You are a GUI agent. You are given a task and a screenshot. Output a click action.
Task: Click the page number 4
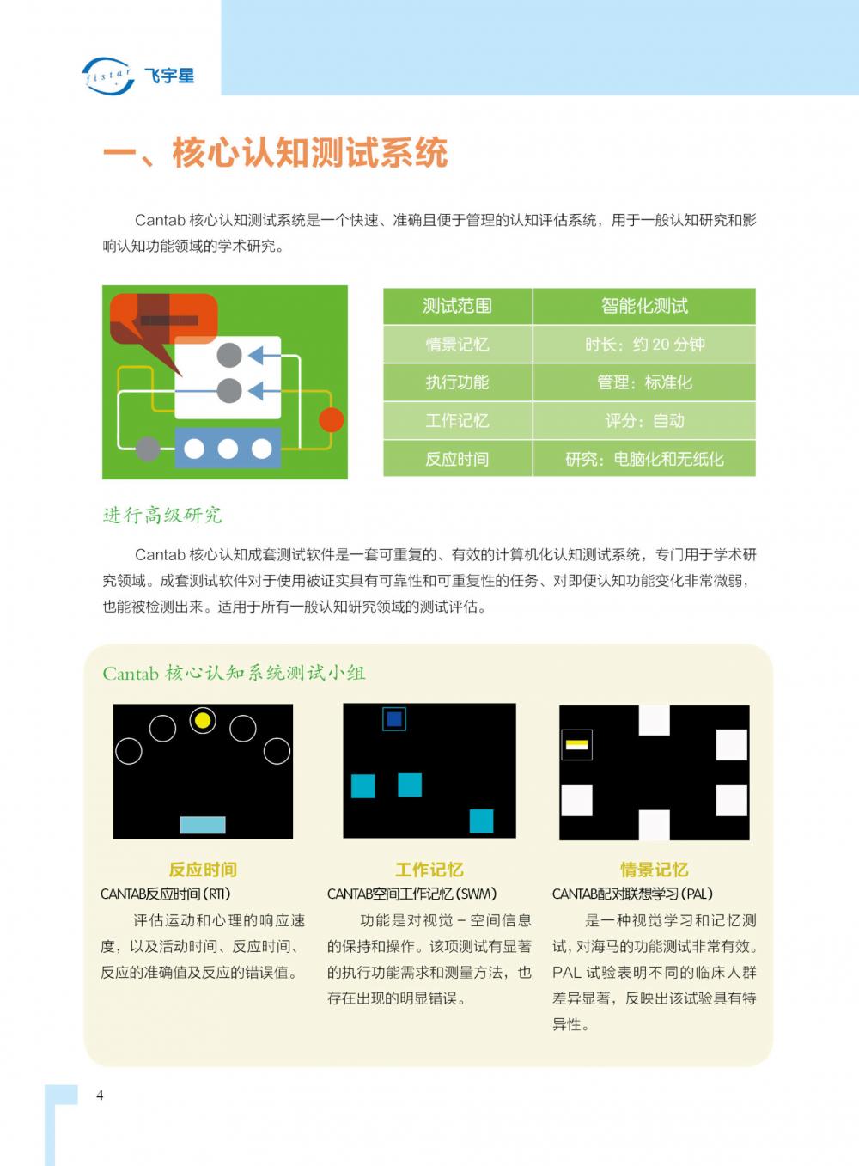100,1096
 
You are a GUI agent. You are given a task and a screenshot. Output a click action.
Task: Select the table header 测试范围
457,306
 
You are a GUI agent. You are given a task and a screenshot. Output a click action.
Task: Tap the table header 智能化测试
644,306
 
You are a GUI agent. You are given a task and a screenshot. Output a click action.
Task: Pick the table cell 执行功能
457,382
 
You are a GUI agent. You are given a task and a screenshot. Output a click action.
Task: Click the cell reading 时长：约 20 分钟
644,344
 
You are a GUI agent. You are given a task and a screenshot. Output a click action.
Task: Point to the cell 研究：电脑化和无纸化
644,459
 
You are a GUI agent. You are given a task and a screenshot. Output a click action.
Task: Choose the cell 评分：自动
644,420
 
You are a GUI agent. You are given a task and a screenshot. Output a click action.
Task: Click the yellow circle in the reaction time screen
203,720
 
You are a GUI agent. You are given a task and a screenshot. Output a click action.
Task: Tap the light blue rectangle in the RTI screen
203,825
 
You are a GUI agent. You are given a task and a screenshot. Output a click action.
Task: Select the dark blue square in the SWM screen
394,719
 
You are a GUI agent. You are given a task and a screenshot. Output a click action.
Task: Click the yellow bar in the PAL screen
576,744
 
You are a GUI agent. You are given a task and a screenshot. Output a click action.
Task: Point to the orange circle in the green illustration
331,419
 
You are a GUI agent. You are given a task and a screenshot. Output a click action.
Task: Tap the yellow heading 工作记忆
429,870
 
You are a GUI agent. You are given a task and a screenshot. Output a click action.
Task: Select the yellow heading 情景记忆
654,870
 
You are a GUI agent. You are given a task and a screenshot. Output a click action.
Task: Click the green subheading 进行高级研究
162,516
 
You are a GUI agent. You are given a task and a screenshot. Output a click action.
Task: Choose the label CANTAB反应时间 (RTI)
166,894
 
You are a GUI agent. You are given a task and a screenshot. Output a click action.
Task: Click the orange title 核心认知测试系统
309,153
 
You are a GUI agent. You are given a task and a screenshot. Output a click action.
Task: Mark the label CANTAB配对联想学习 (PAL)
632,894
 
